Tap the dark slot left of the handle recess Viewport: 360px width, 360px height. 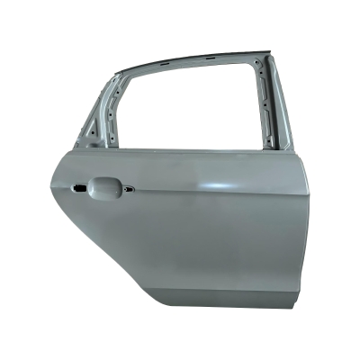(78, 188)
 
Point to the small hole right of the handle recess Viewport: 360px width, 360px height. (128, 189)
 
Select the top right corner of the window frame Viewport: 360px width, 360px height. (264, 56)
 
